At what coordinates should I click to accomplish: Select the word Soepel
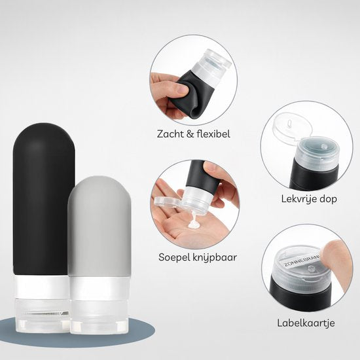coord(174,258)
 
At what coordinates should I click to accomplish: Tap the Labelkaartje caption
coord(306,323)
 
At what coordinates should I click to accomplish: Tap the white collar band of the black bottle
coord(42,287)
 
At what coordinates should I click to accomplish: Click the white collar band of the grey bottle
coord(99,289)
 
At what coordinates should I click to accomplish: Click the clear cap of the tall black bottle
coord(43,315)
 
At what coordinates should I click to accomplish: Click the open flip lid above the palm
coord(167,201)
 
